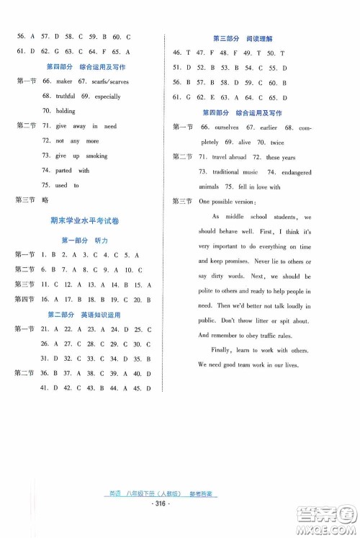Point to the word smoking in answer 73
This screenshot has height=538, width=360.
[96, 156]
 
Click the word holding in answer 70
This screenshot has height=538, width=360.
[66, 111]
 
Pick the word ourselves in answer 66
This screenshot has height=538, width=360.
[228, 127]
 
